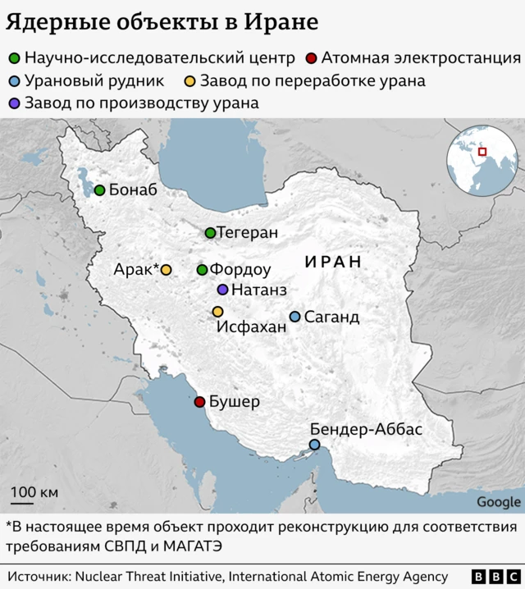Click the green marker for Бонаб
99,190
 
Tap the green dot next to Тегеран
210,233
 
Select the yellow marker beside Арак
166,269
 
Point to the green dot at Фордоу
202,269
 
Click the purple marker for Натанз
222,290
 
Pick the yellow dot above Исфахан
217,312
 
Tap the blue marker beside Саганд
294,317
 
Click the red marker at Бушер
199,402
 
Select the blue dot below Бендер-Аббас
314,445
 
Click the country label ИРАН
332,262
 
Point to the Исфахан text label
251,327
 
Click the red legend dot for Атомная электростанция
310,58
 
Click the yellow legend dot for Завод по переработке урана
189,81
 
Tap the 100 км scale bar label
34,491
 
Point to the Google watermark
498,502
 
